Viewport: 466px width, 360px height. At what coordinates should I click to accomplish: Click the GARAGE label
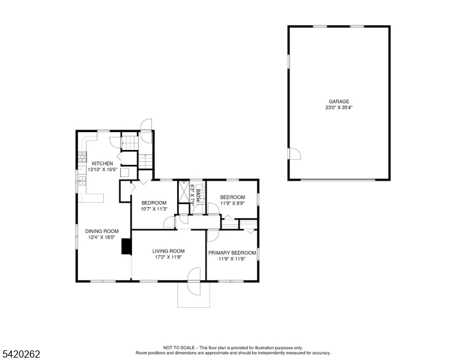coord(339,101)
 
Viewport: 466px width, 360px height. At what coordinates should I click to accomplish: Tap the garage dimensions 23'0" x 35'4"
coord(339,108)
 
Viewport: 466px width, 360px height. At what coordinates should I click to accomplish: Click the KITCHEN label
coord(102,164)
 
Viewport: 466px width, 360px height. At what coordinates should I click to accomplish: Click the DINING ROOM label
coord(101,231)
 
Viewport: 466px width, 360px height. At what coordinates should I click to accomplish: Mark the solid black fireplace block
coord(126,247)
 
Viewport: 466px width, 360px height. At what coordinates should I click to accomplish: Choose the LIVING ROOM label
coord(168,251)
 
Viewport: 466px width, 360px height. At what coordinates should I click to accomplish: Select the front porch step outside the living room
coord(193,294)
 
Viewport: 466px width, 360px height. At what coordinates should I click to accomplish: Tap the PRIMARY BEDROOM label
coord(232,253)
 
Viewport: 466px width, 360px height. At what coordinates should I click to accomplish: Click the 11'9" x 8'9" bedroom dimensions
coord(232,203)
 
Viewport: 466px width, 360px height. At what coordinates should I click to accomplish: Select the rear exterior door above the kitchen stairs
coord(145,125)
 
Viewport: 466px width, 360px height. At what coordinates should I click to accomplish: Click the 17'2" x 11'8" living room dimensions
coord(168,257)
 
